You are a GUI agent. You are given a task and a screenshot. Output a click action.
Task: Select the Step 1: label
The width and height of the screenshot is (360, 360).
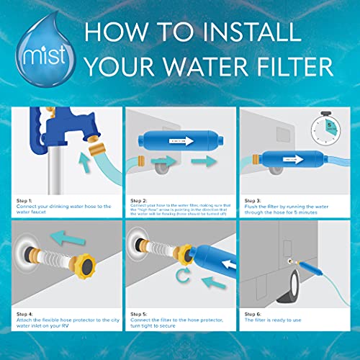(24, 199)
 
